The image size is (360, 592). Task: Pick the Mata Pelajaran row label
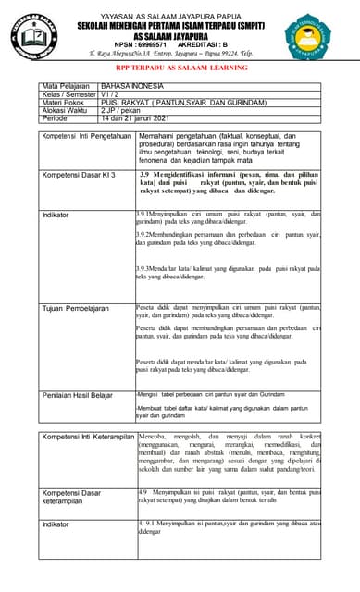(68, 87)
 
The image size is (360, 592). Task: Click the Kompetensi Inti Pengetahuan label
(87, 136)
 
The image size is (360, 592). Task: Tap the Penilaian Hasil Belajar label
(78, 395)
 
